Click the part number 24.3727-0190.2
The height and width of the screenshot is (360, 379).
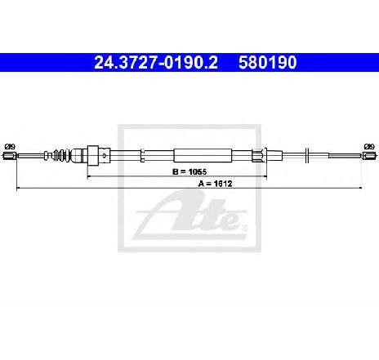[156, 63]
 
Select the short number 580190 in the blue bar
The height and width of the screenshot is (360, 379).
[267, 63]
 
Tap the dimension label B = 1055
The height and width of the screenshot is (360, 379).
[189, 171]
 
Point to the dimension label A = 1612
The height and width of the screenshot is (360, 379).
[215, 184]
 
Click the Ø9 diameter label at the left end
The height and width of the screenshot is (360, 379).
[10, 147]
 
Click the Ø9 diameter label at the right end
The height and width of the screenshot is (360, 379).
[369, 147]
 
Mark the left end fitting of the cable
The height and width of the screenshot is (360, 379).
[10, 156]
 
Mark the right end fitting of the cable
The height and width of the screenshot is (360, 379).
[369, 156]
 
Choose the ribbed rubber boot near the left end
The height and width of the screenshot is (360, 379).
[61, 155]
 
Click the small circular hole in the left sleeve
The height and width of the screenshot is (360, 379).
[105, 156]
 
